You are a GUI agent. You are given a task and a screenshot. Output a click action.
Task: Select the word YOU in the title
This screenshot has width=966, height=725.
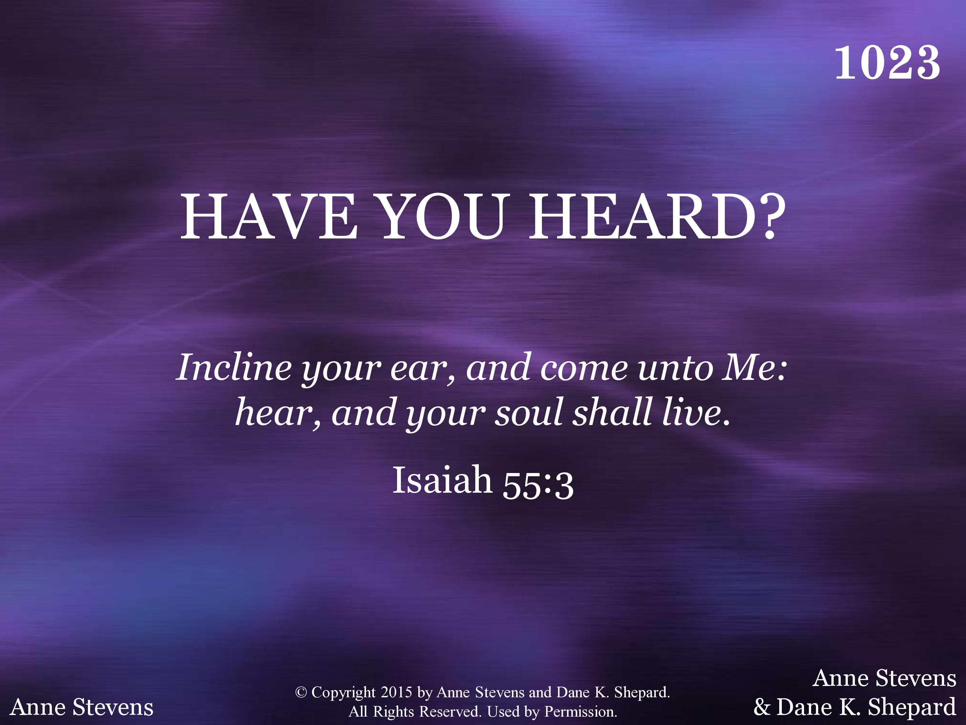443,217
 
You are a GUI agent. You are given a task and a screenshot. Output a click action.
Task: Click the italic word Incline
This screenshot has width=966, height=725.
234,368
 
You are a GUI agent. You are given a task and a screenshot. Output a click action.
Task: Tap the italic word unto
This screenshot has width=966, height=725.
675,368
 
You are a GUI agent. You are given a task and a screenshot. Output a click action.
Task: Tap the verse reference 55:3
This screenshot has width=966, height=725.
538,485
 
